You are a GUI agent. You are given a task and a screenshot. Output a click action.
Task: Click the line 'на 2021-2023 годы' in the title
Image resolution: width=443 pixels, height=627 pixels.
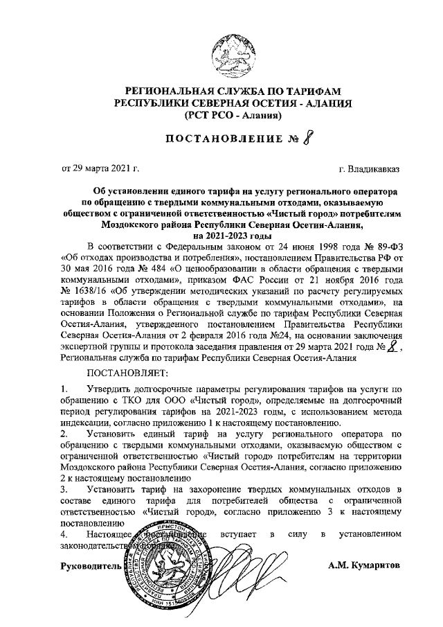point(233,235)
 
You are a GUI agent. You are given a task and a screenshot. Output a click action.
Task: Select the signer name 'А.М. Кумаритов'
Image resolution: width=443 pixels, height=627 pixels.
point(364,566)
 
